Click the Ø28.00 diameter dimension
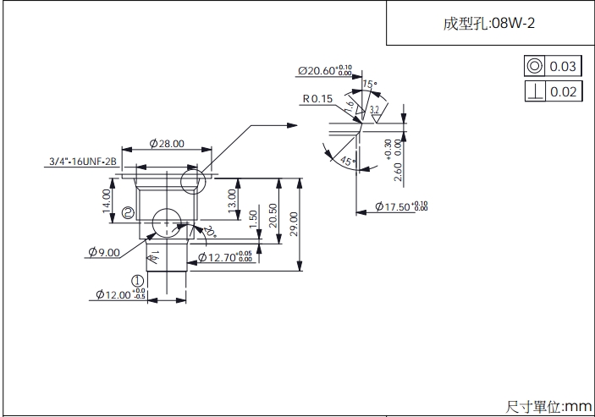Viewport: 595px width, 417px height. click(167, 144)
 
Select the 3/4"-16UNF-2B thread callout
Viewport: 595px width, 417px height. click(82, 161)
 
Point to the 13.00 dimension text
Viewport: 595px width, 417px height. click(232, 200)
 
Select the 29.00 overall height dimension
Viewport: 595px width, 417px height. click(294, 224)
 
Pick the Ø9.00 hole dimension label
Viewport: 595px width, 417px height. click(104, 251)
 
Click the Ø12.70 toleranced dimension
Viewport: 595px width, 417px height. click(224, 256)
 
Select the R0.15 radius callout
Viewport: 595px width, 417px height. click(317, 99)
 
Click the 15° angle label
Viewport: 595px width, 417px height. click(368, 84)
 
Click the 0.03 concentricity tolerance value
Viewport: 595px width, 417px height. click(563, 67)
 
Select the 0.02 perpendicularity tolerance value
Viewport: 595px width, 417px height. click(563, 91)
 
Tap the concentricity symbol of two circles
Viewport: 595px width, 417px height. click(535, 67)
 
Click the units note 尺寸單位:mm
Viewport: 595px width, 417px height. click(548, 407)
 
